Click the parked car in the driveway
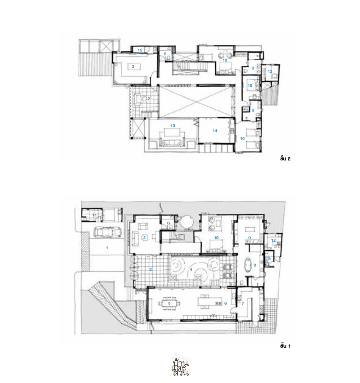click(x=107, y=232)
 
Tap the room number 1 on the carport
click(x=107, y=248)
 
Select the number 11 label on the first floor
click(x=94, y=215)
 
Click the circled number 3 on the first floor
click(x=144, y=238)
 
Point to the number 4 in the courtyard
click(x=191, y=269)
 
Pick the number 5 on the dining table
click(x=169, y=304)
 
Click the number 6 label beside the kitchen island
click(x=225, y=304)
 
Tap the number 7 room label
click(x=243, y=304)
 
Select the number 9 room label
click(x=249, y=238)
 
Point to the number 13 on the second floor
click(x=173, y=126)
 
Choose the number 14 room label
click(x=215, y=131)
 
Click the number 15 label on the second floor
click(x=140, y=50)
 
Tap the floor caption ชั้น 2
click(x=285, y=159)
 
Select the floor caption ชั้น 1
click(x=285, y=346)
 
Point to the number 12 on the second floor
click(x=270, y=72)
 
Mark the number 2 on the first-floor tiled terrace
click(x=150, y=269)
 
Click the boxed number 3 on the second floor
click(x=133, y=67)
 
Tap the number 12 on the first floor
click(x=274, y=240)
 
